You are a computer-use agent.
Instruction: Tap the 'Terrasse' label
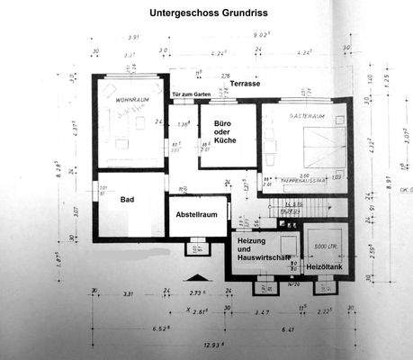[x=244, y=84]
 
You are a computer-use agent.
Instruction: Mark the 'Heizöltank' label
[x=323, y=267]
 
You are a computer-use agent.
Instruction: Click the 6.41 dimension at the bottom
[x=293, y=328]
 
